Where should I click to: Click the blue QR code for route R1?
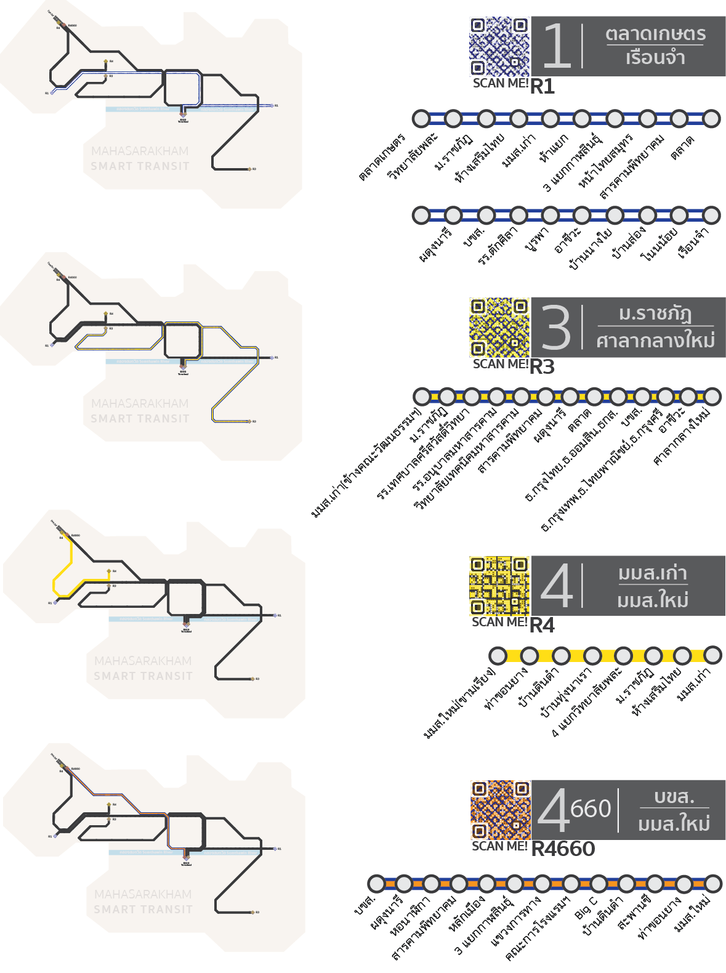(x=499, y=46)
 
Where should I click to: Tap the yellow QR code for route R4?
(x=499, y=585)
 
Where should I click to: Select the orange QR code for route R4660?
(x=500, y=810)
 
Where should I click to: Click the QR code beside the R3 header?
(x=499, y=328)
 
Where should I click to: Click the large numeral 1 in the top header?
(x=556, y=46)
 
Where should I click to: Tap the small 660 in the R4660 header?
(x=591, y=809)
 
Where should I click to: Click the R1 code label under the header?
(x=542, y=87)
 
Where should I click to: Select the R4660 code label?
(x=563, y=849)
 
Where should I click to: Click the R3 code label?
(x=542, y=367)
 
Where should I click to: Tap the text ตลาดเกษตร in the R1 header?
(x=655, y=34)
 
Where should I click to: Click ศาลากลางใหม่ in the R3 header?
(x=655, y=341)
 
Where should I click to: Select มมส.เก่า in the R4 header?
(x=653, y=573)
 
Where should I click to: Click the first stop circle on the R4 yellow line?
(x=498, y=655)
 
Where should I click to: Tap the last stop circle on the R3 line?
(x=712, y=397)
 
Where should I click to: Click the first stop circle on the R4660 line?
(x=376, y=884)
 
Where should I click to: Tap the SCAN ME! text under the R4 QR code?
(x=499, y=623)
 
